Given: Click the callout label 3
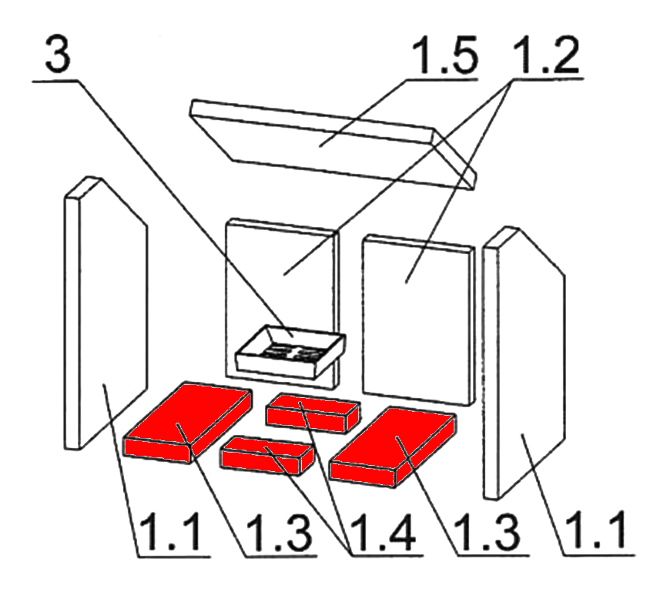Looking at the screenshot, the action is (58, 55).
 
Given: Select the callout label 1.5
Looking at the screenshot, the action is (444, 55).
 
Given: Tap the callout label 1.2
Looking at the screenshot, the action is (546, 55).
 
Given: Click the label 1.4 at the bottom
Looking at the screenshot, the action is (381, 533).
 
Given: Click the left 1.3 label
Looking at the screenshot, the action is (279, 533).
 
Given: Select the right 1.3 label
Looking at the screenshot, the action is (489, 533).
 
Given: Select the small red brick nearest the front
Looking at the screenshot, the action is (266, 456).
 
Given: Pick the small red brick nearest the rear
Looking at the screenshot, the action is (313, 413).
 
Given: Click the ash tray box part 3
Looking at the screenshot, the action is (290, 352).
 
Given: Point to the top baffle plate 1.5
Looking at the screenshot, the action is (333, 145).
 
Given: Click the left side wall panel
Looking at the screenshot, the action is (106, 313).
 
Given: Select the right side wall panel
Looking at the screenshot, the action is (525, 363).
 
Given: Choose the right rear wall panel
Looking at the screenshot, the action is (418, 320).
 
